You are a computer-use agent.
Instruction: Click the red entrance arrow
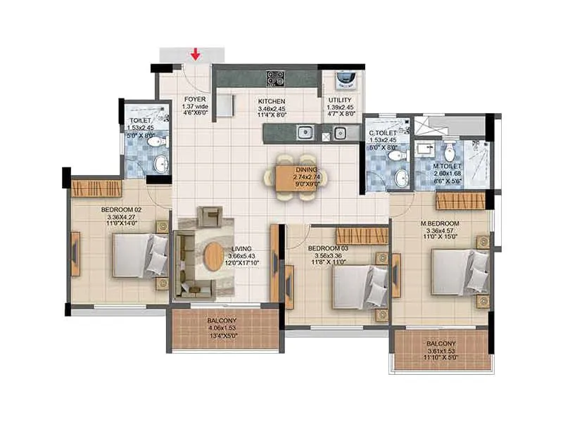(x=196, y=54)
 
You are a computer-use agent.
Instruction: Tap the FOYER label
(x=195, y=99)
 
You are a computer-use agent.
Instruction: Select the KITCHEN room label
(x=271, y=101)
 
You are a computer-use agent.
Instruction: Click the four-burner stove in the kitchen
(x=275, y=78)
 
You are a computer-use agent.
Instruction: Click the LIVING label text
(x=241, y=249)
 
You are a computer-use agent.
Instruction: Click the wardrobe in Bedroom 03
(x=362, y=236)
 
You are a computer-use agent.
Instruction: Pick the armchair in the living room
(x=209, y=214)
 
